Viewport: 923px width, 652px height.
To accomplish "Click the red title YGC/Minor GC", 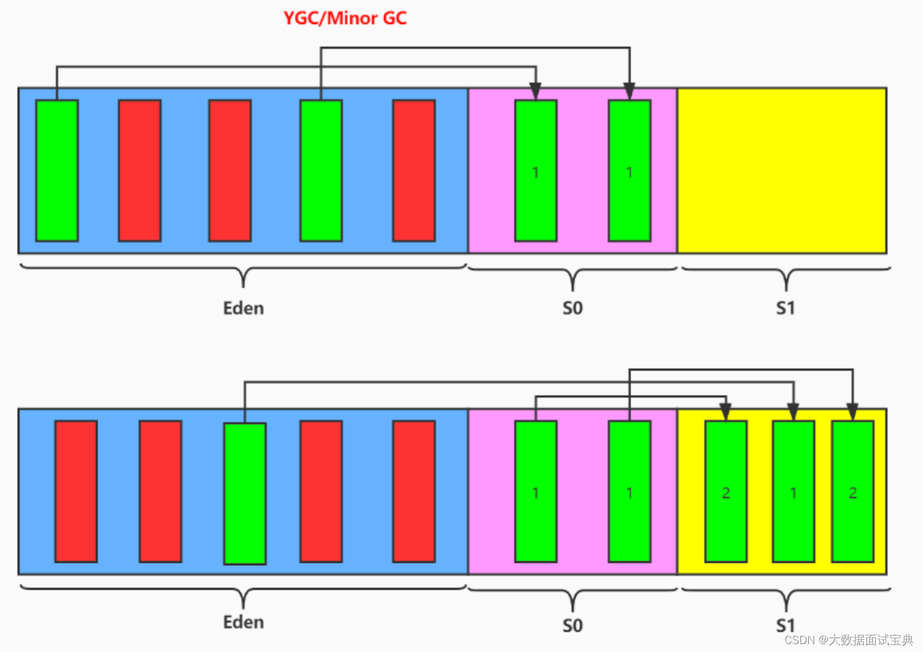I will (x=345, y=18).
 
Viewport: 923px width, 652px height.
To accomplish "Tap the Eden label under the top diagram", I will (x=244, y=308).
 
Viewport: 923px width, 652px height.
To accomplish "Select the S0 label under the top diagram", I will (x=573, y=308).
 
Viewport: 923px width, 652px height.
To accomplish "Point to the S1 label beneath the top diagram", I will (x=786, y=308).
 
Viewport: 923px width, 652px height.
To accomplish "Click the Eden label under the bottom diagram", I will (x=244, y=622).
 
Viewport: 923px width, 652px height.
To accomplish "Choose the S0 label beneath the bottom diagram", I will (x=573, y=625).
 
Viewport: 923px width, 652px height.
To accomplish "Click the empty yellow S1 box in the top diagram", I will (x=782, y=170).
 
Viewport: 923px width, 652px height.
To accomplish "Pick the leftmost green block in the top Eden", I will (x=57, y=170).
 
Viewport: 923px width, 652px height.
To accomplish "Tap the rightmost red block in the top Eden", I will (x=414, y=170).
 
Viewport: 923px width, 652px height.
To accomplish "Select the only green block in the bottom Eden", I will (x=245, y=493).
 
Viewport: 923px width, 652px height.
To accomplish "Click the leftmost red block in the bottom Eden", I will (x=76, y=491).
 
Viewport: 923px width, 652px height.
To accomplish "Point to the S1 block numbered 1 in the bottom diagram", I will (x=793, y=491).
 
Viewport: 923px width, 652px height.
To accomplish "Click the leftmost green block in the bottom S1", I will (x=726, y=491).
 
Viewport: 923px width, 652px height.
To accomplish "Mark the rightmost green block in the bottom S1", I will (x=853, y=491).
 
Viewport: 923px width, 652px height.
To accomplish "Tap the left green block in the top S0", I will (x=536, y=170).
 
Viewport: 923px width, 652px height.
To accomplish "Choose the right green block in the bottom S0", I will (x=629, y=491).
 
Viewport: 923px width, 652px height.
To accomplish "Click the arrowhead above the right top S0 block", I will (x=629, y=92).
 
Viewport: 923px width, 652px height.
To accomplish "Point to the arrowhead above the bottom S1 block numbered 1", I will (x=793, y=412).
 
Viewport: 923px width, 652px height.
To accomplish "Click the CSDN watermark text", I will (x=849, y=640).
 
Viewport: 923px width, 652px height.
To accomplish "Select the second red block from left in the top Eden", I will (x=230, y=170).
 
